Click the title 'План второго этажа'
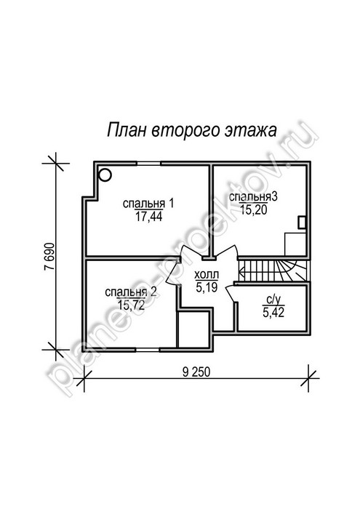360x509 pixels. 192,130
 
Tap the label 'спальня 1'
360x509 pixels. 148,204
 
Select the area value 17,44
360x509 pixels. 148,217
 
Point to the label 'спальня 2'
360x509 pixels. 131,292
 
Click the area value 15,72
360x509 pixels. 131,305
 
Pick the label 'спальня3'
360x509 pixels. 253,197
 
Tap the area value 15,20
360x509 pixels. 254,210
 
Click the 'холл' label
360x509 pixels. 207,275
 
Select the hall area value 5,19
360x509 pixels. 207,287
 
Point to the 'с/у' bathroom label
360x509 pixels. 273,300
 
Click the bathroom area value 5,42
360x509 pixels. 273,313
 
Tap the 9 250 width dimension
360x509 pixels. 196,372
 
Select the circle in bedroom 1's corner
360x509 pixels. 105,175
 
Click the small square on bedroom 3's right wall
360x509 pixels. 302,223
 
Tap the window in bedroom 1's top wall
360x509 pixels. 148,163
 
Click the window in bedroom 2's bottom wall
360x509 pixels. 148,350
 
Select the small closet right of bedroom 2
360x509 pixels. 193,329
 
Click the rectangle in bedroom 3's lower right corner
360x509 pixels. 295,244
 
